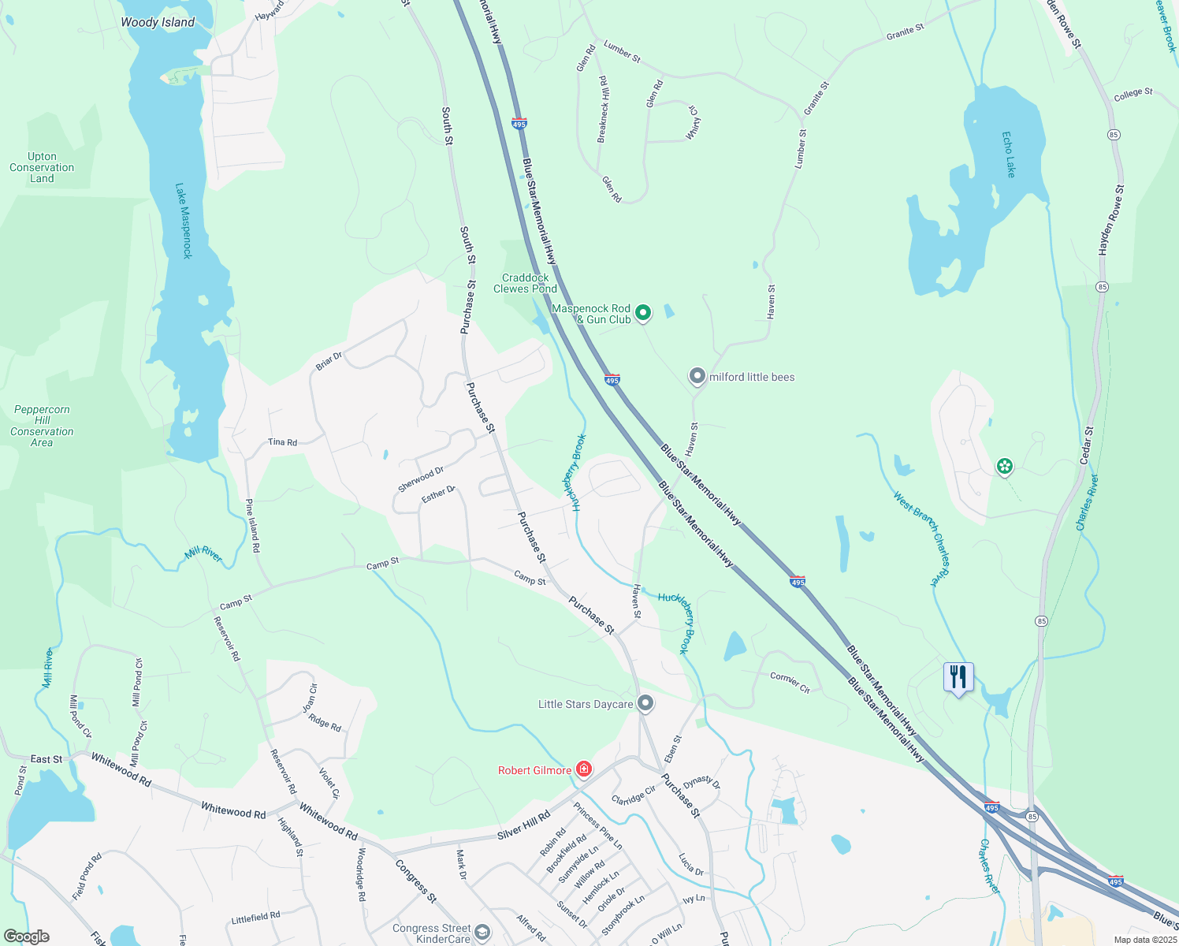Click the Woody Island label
[158, 22]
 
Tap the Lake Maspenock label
[183, 222]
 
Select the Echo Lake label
[1009, 155]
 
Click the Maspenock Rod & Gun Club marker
[643, 313]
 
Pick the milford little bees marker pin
[697, 376]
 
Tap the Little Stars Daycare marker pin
[645, 702]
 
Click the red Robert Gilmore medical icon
[584, 769]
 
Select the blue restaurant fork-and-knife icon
[958, 676]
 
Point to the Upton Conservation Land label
[42, 167]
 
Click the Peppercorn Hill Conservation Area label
[42, 426]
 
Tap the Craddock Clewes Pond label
[525, 283]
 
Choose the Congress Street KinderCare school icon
[482, 933]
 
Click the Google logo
[27, 937]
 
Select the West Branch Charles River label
[922, 539]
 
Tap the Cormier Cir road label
[790, 682]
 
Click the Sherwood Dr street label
[421, 479]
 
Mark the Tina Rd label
[282, 442]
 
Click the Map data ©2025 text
[1145, 940]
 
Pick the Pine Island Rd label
[252, 525]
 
